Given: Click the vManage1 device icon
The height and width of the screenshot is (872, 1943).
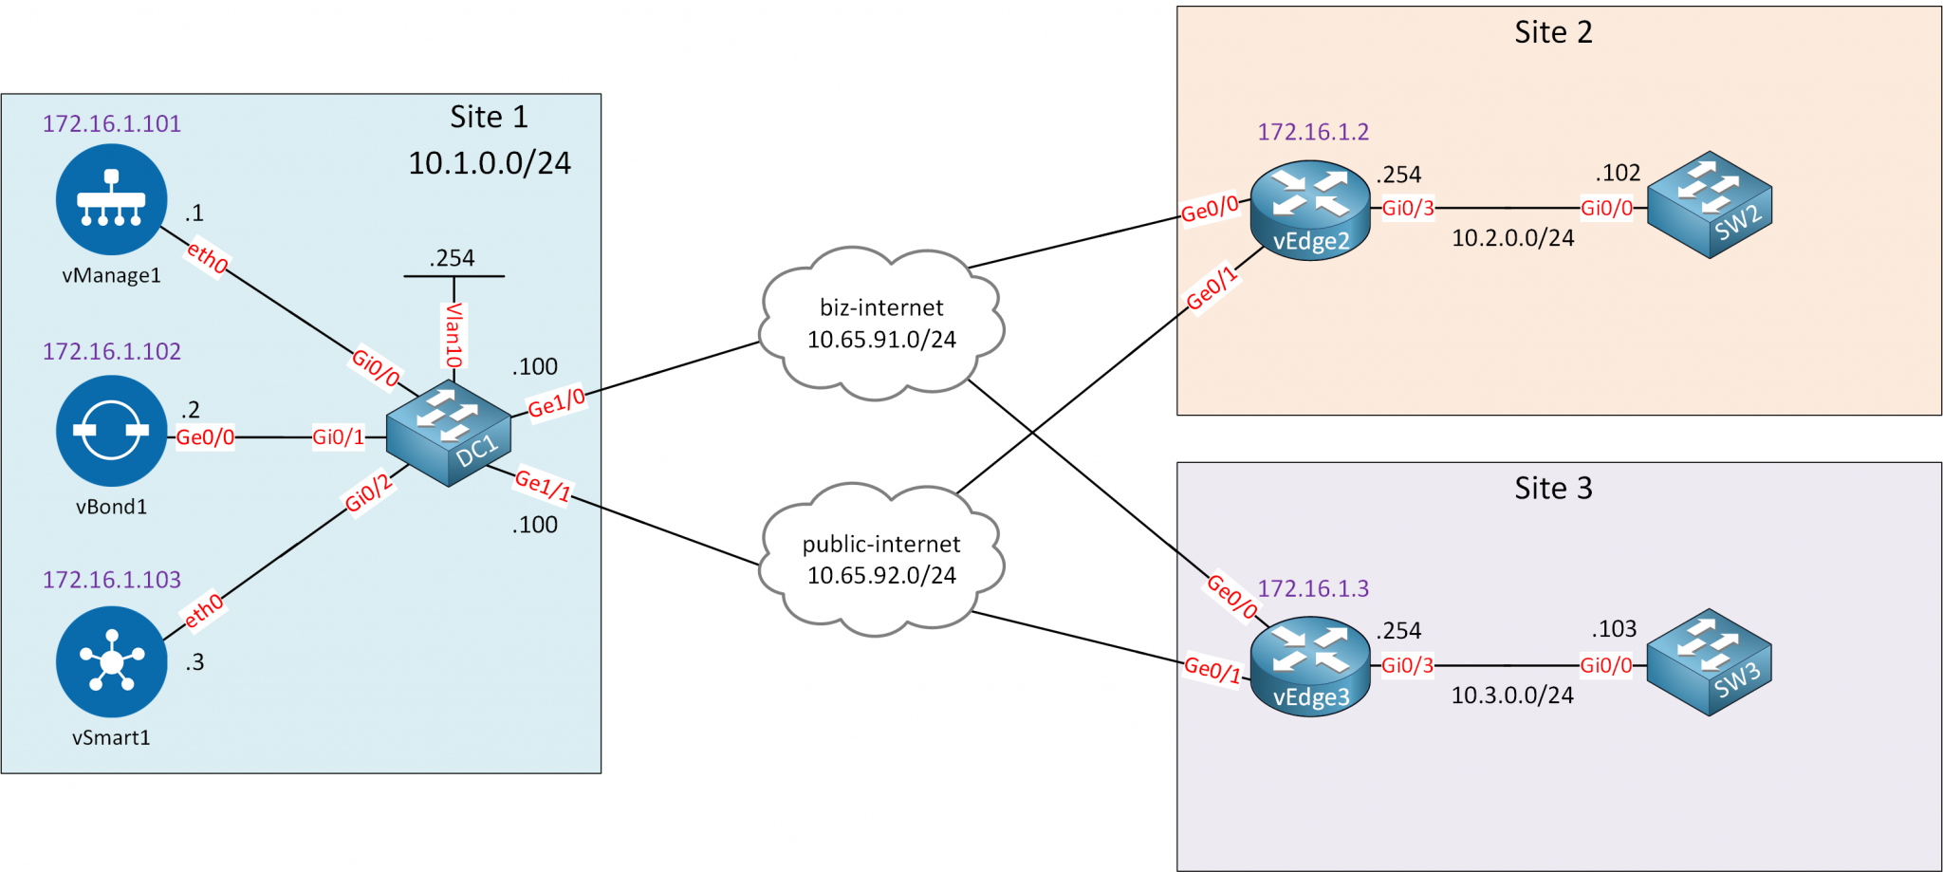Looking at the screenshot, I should click(x=111, y=199).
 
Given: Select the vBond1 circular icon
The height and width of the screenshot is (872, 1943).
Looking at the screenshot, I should click(x=111, y=431).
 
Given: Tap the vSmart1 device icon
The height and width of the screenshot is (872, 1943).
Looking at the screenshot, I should click(x=111, y=661).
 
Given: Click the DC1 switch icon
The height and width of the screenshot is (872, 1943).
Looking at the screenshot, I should click(x=449, y=434).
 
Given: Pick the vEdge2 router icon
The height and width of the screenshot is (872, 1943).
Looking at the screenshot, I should click(x=1310, y=210).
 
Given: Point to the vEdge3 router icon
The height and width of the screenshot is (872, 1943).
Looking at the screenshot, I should click(x=1310, y=666).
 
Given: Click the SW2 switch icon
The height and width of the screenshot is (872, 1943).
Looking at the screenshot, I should click(x=1710, y=204).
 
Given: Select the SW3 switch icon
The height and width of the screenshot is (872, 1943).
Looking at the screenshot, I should click(x=1710, y=661).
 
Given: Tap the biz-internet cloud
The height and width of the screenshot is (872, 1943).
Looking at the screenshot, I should click(x=881, y=324).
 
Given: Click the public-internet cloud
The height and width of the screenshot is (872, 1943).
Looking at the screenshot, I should click(x=881, y=560).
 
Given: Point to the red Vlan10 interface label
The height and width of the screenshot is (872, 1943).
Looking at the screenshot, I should click(x=454, y=336).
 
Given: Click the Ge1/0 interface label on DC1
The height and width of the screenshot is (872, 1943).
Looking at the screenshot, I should click(x=557, y=403).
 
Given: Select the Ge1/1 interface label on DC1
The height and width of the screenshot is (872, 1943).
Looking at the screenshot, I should click(x=543, y=485).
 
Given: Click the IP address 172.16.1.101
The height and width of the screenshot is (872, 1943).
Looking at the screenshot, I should click(x=111, y=123).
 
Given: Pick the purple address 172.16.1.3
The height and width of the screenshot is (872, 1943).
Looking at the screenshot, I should click(x=1313, y=588).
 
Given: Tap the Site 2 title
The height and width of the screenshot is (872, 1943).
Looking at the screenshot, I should click(x=1553, y=32).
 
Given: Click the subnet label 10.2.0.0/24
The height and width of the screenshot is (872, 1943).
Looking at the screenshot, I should click(x=1512, y=238).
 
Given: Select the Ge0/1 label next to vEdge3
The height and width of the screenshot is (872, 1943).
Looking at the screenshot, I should click(x=1212, y=670).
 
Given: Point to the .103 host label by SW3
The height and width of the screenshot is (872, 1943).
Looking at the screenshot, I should click(x=1614, y=629).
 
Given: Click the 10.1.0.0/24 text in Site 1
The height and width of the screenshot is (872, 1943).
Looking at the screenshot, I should click(x=490, y=163).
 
